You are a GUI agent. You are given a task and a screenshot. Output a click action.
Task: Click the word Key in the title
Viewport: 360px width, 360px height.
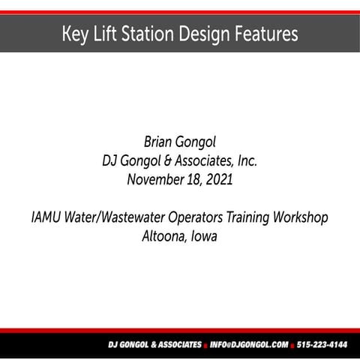tap(75, 34)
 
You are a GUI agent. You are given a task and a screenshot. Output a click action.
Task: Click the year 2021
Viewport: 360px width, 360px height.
tap(219, 179)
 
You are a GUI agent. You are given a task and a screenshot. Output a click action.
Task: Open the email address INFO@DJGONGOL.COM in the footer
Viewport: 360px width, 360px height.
tap(249, 345)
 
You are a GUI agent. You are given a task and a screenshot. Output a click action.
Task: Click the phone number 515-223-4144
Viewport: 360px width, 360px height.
tap(322, 345)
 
